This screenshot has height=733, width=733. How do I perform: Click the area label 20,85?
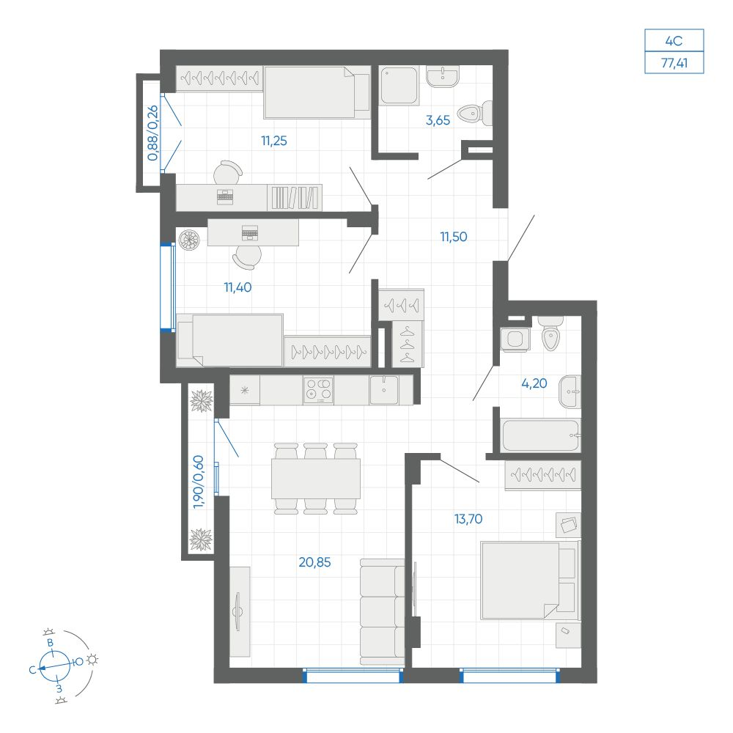click(x=314, y=562)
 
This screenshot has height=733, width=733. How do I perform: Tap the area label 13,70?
click(x=468, y=519)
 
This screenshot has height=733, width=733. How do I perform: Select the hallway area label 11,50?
click(x=454, y=237)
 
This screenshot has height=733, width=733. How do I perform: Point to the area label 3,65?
click(x=438, y=120)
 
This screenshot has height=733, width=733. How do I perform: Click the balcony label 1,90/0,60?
click(x=199, y=482)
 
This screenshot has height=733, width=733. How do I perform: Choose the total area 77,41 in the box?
click(x=674, y=62)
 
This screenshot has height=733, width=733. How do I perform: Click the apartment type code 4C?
click(x=674, y=40)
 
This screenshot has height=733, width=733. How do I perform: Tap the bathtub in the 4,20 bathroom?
click(x=540, y=435)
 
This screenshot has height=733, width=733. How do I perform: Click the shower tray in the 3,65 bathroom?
click(x=399, y=86)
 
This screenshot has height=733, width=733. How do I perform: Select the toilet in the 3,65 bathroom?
click(x=475, y=113)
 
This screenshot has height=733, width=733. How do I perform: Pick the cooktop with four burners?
click(x=318, y=391)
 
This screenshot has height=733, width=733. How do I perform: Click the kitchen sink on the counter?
click(x=384, y=390)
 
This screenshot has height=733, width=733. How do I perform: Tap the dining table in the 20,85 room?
click(x=316, y=478)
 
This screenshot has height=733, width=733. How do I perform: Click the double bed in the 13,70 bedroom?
click(x=531, y=580)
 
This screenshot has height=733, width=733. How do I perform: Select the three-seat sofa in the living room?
click(x=382, y=612)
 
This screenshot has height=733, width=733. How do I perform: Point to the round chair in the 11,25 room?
click(x=228, y=173)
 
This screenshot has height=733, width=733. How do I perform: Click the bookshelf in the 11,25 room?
click(x=295, y=197)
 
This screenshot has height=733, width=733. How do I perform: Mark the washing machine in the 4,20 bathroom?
click(x=515, y=339)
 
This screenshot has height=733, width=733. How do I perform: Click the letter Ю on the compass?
click(x=78, y=661)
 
